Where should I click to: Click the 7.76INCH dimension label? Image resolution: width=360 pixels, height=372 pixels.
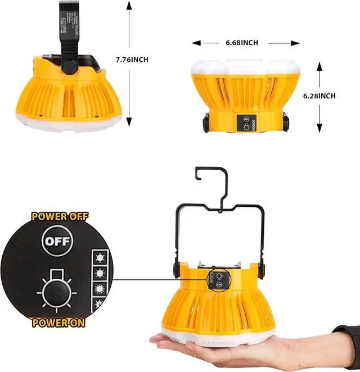pos(133,59)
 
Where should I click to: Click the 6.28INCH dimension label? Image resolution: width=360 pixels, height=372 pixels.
pos(319,96)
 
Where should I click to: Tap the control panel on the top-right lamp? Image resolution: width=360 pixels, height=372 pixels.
pos(246,124)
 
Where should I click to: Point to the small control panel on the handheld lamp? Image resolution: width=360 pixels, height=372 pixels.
pos(216,280)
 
